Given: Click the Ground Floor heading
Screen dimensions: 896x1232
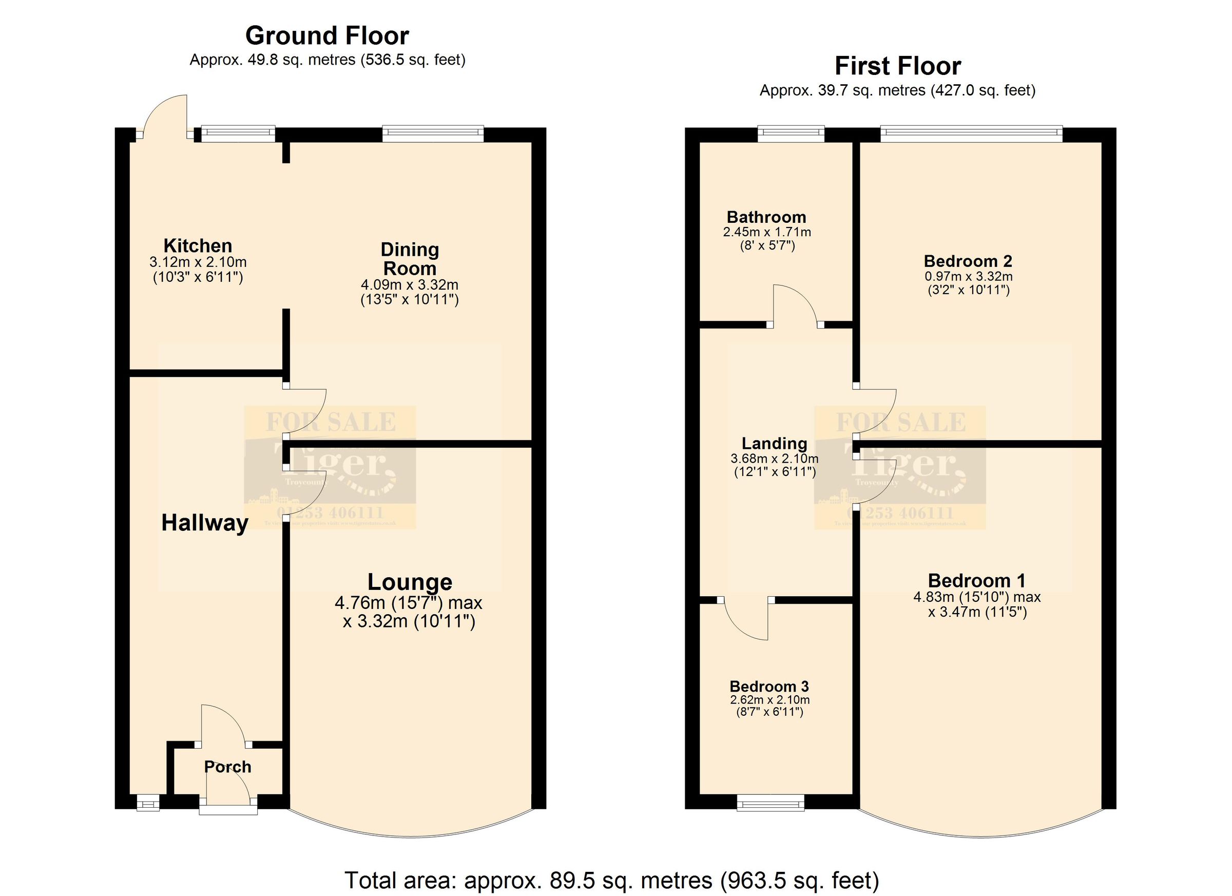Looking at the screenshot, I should pyautogui.click(x=327, y=36).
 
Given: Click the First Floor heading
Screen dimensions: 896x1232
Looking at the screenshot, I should pyautogui.click(x=897, y=66).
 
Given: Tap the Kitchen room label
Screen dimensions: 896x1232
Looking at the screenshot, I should pyautogui.click(x=198, y=245).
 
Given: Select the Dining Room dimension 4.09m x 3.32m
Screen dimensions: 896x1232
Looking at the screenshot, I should pyautogui.click(x=410, y=285).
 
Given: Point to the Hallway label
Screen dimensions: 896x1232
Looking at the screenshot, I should pyautogui.click(x=205, y=523).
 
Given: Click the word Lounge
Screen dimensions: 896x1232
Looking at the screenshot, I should pyautogui.click(x=410, y=582).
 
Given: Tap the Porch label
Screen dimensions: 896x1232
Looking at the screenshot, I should pyautogui.click(x=227, y=767).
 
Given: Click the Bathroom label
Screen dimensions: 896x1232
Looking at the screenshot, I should pyautogui.click(x=766, y=217).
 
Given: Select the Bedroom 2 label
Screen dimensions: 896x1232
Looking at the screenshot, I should pyautogui.click(x=968, y=261).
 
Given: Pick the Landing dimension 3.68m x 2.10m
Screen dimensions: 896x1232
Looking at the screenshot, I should pyautogui.click(x=775, y=459).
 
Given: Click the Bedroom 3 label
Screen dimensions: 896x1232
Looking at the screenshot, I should pyautogui.click(x=769, y=687).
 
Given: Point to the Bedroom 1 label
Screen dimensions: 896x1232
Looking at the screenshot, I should pyautogui.click(x=977, y=581).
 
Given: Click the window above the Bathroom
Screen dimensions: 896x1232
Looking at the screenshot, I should pyautogui.click(x=791, y=134).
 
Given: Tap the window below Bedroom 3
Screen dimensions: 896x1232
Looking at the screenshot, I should pyautogui.click(x=771, y=803).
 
